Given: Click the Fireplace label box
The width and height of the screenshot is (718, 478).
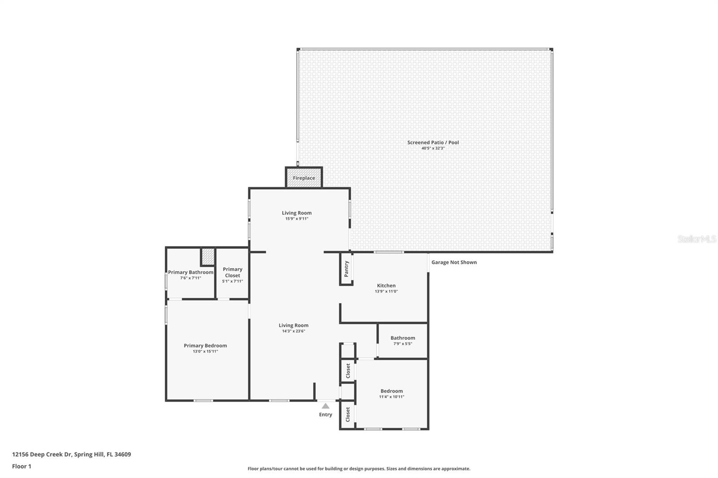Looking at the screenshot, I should pyautogui.click(x=304, y=178).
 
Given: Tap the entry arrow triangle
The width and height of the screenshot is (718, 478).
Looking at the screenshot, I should pyautogui.click(x=325, y=406).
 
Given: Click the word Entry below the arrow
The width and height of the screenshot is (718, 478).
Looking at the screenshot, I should pyautogui.click(x=325, y=415).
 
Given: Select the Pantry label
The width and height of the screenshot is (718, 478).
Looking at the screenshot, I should pyautogui.click(x=346, y=269).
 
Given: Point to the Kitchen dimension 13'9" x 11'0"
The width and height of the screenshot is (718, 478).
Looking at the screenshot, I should pyautogui.click(x=386, y=291).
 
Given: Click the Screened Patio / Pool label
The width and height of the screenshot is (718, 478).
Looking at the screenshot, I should pyautogui.click(x=433, y=143).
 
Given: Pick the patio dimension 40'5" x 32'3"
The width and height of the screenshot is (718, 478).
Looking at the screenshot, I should pyautogui.click(x=433, y=148).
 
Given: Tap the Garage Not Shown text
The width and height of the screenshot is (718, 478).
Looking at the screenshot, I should pyautogui.click(x=454, y=262).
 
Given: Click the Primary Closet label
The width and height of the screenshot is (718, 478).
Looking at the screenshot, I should pyautogui.click(x=232, y=272).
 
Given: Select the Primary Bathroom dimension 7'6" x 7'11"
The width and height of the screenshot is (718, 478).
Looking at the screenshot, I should pyautogui.click(x=190, y=278).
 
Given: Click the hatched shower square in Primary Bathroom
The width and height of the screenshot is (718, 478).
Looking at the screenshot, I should pyautogui.click(x=208, y=256).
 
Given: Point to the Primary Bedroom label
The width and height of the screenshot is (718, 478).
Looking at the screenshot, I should pyautogui.click(x=205, y=346).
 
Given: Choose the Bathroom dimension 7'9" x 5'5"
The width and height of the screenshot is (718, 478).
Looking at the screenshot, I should pyautogui.click(x=403, y=344).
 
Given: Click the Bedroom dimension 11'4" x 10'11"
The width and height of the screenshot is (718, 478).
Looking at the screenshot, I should pyautogui.click(x=391, y=397).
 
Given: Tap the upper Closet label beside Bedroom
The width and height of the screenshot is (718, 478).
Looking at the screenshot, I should pyautogui.click(x=348, y=371).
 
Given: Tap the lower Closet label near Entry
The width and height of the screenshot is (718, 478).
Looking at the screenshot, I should pyautogui.click(x=348, y=414).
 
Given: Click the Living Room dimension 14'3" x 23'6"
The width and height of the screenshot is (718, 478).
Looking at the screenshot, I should pyautogui.click(x=293, y=331).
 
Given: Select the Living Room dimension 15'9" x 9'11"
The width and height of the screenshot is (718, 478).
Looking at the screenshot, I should pyautogui.click(x=297, y=219).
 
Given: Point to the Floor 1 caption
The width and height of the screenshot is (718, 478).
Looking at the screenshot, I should pyautogui.click(x=22, y=466).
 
